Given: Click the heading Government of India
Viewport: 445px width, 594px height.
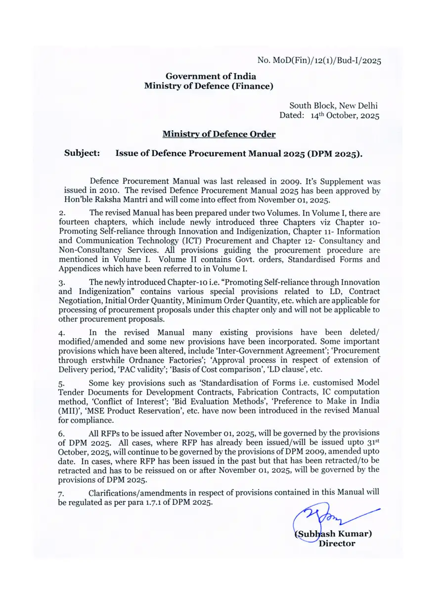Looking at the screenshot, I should pos(211,76).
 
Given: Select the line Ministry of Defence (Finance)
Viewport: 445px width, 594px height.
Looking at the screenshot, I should pos(208,86).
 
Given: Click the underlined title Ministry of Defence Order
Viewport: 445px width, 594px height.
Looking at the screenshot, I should pos(219,134).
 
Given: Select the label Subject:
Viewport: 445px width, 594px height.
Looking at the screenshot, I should pos(82,153).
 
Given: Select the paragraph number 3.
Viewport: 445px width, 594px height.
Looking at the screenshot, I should pos(62,283).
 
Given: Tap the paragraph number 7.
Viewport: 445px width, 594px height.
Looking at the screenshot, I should pos(62,493).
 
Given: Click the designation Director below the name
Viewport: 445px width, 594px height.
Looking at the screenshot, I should pos(337,543).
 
